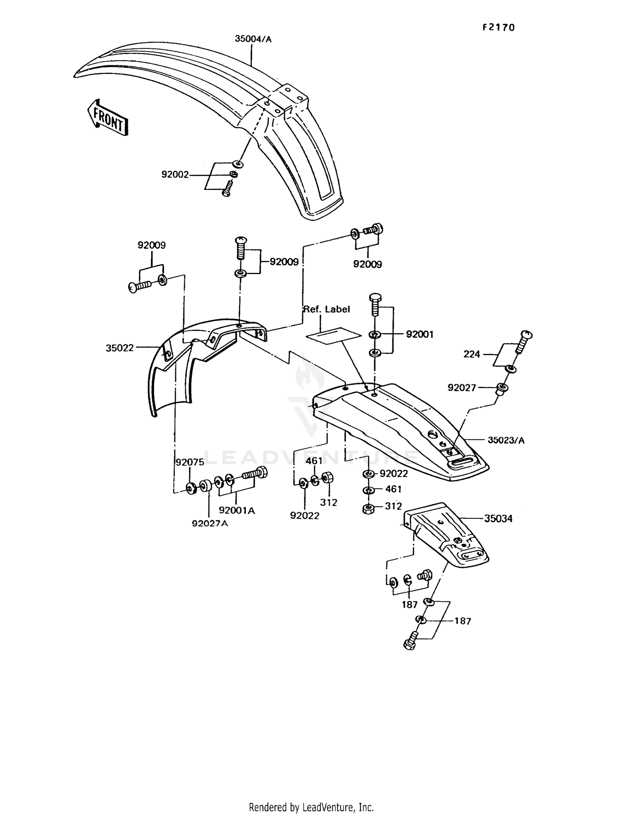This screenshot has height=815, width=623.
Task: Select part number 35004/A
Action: [x=253, y=39]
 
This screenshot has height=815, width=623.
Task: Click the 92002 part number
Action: [x=175, y=175]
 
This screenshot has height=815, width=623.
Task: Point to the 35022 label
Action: [x=120, y=348]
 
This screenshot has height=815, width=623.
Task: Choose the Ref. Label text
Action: [x=327, y=309]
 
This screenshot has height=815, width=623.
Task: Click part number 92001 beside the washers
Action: [x=419, y=334]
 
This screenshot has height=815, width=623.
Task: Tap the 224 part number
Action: [x=471, y=354]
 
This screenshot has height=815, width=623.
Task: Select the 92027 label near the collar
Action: [x=461, y=388]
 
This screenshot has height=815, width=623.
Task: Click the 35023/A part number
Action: [x=506, y=440]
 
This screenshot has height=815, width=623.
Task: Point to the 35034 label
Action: [x=498, y=518]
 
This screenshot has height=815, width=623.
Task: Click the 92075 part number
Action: [x=190, y=462]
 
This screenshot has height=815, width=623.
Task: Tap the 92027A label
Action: [x=210, y=523]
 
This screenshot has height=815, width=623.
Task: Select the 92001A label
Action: [x=237, y=511]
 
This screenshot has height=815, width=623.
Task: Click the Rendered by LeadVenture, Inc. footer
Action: [x=311, y=807]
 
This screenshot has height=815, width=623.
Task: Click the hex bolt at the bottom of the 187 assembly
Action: [x=410, y=642]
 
